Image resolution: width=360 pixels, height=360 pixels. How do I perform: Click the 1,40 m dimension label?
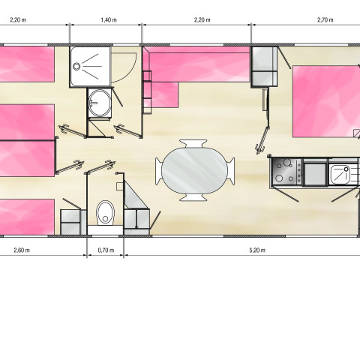[x=109, y=19]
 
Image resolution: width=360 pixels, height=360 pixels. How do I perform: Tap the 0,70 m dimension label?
[x=106, y=250]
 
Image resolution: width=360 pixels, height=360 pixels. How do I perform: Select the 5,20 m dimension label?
[x=257, y=250]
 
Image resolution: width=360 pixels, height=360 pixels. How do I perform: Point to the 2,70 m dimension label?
[x=325, y=19]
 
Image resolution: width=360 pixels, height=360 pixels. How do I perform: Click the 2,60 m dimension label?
[x=22, y=250]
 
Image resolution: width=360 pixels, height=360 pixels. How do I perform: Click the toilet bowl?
[x=105, y=212]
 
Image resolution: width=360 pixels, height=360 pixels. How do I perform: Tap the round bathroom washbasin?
[x=100, y=103]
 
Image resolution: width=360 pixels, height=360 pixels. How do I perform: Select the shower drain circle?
[x=76, y=67]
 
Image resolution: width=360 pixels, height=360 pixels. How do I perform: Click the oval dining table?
[x=194, y=170]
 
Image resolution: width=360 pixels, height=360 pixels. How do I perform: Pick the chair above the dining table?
[x=193, y=143]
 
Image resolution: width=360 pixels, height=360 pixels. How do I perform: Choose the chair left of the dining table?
[x=159, y=171]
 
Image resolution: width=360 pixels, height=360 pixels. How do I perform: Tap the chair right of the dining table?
[x=231, y=171]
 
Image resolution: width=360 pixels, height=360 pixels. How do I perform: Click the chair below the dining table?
[x=193, y=197]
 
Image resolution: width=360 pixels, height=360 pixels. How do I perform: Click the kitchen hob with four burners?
[x=286, y=171]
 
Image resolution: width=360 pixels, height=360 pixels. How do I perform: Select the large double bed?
[x=326, y=101]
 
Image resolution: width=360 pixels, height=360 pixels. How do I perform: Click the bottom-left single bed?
[x=27, y=217]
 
